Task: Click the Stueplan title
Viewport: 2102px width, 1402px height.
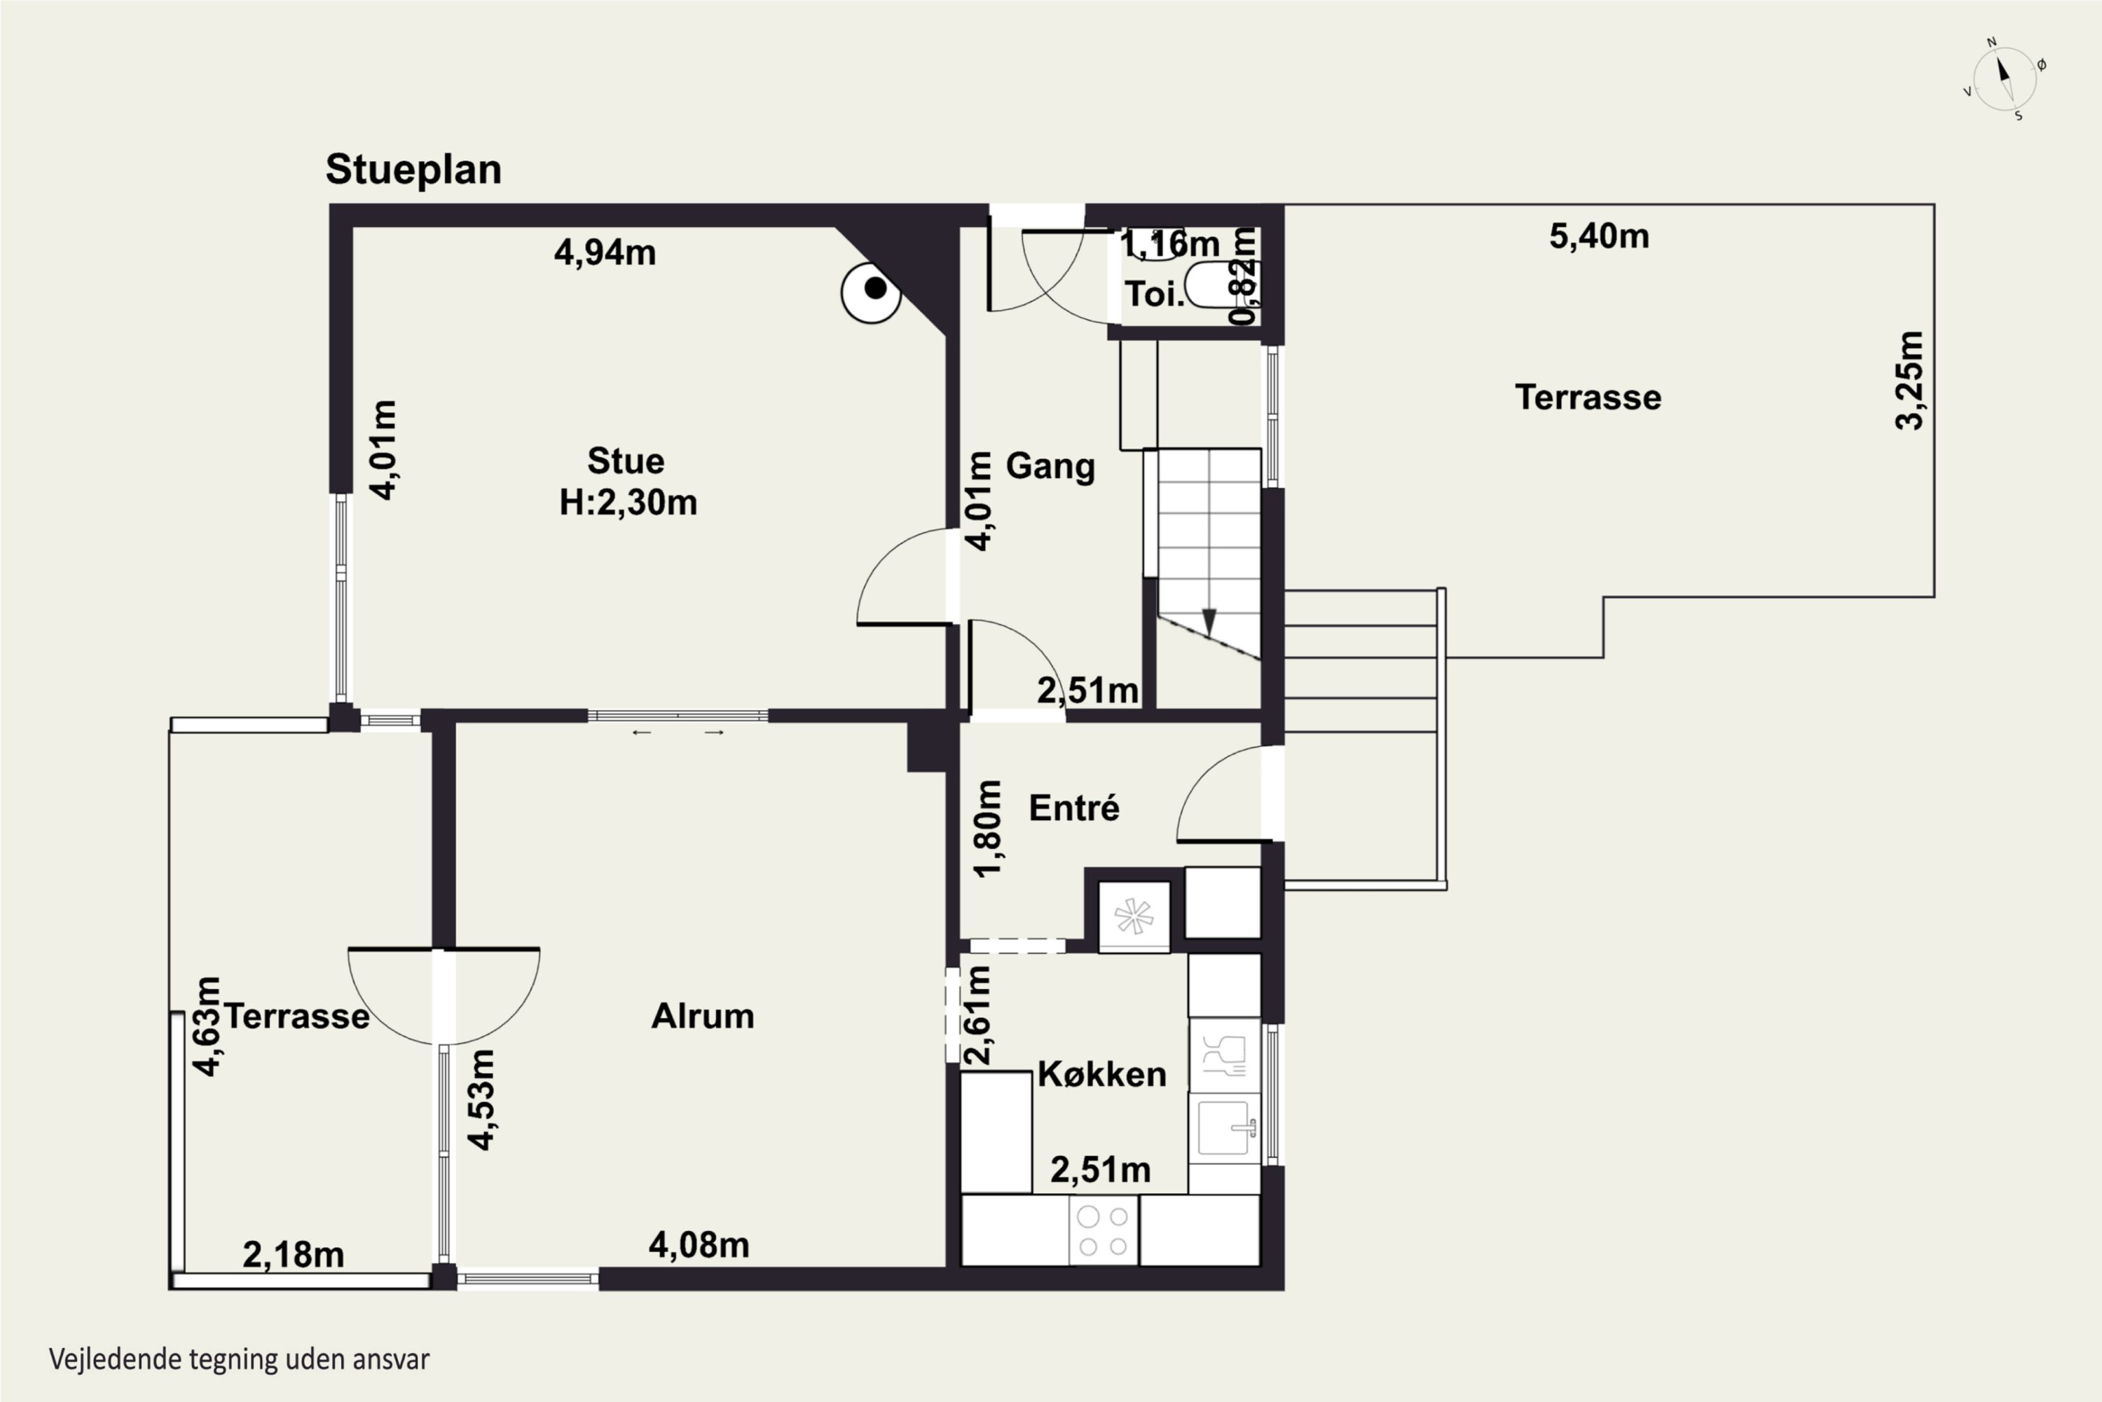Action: tap(413, 170)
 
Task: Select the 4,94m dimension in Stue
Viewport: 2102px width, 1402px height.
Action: tap(605, 253)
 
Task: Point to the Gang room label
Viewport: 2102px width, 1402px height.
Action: tap(1050, 467)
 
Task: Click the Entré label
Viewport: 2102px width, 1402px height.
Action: tap(1073, 808)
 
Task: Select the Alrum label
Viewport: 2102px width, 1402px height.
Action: tap(703, 1016)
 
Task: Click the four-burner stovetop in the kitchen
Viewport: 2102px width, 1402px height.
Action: tap(1104, 1231)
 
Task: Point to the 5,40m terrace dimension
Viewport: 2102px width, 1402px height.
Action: tap(1599, 236)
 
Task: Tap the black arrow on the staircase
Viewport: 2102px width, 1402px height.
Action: tap(1209, 621)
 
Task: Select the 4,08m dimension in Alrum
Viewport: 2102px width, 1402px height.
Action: tap(699, 1245)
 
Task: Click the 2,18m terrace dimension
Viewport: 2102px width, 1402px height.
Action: tap(293, 1255)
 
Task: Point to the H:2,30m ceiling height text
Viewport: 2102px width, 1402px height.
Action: tap(628, 503)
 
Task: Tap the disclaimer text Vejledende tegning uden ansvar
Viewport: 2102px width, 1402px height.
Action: tap(240, 1360)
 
